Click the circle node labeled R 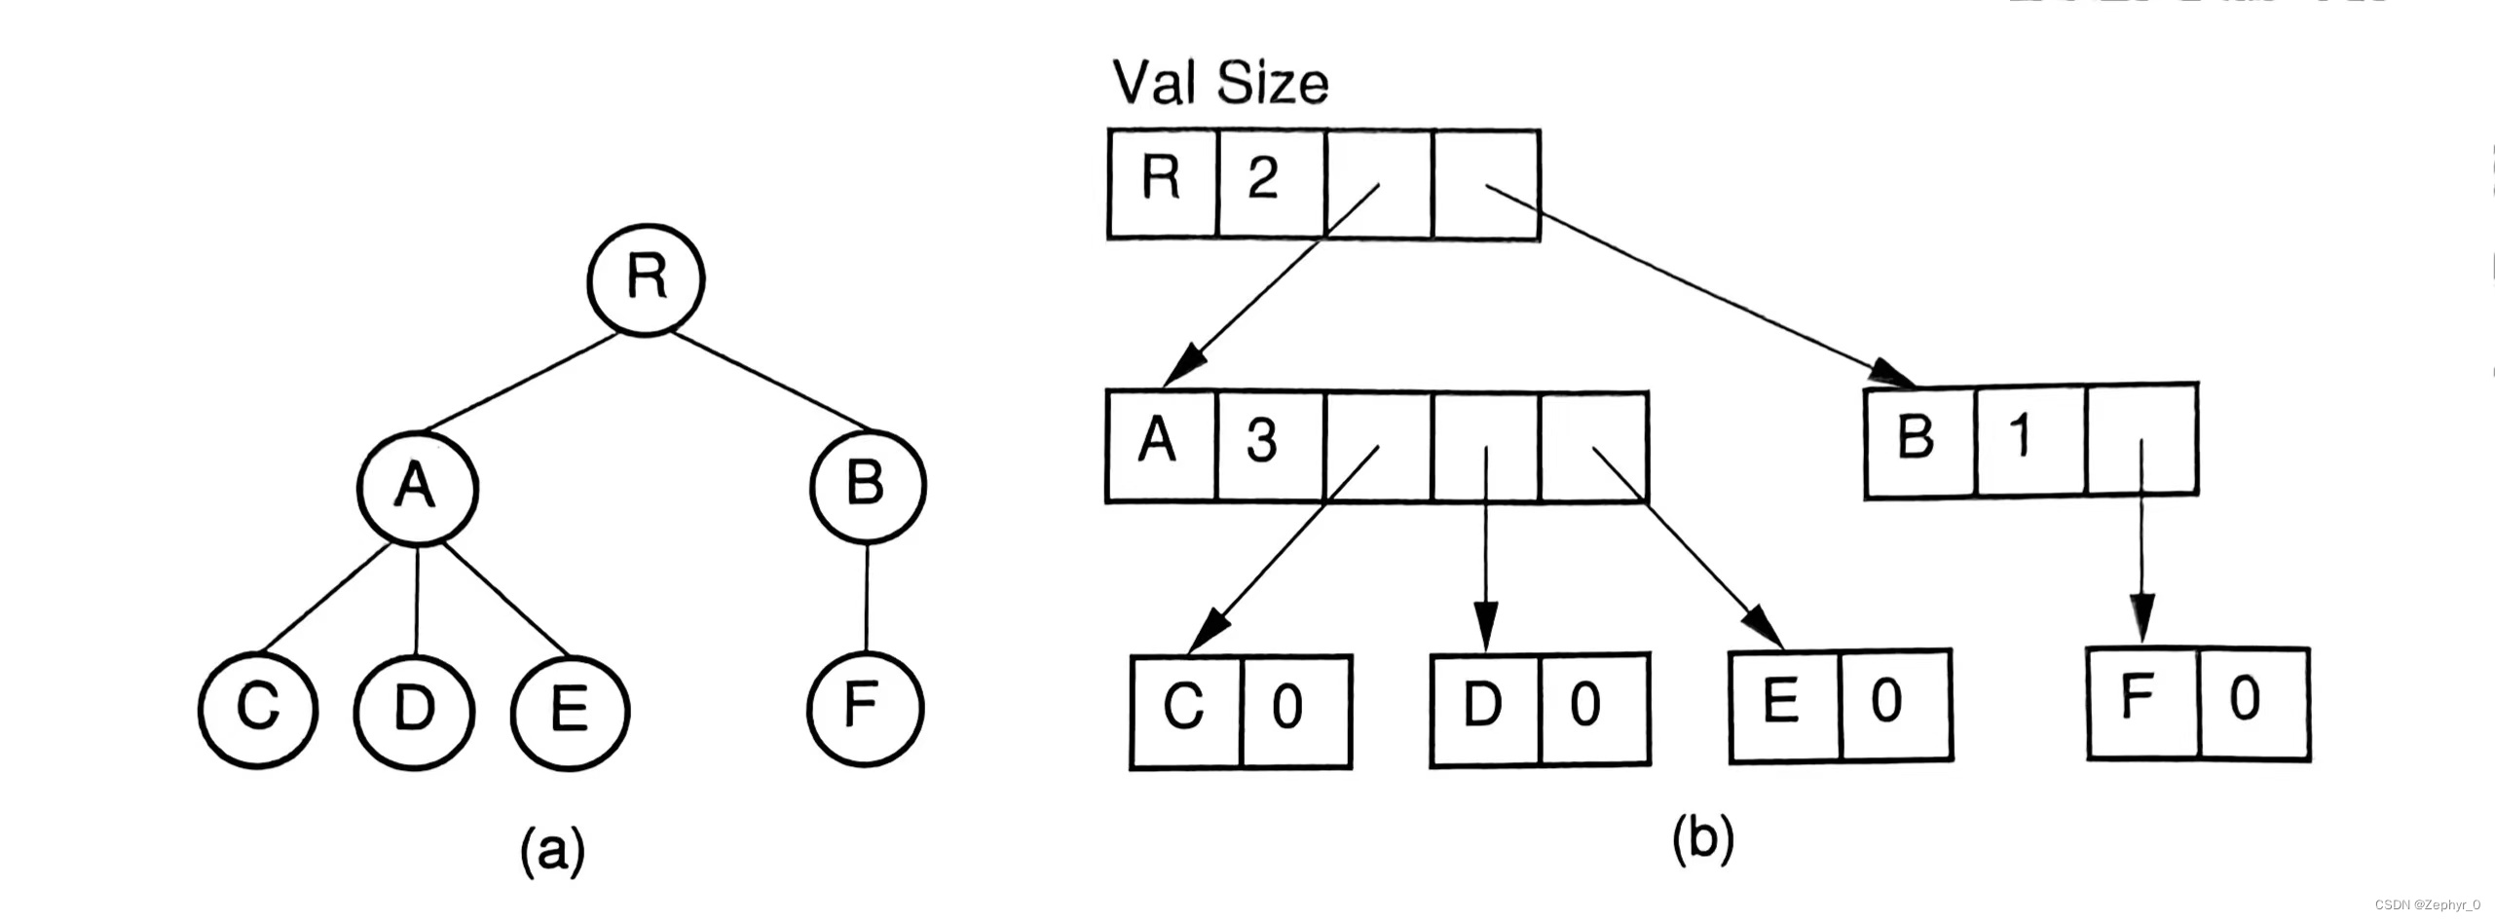(x=645, y=279)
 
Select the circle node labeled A (x=418, y=487)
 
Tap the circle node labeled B (x=867, y=485)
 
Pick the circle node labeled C (x=258, y=710)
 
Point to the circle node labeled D (x=415, y=710)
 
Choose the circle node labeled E (x=571, y=710)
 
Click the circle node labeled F (x=864, y=707)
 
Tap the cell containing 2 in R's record (x=1270, y=183)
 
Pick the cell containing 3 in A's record (x=1269, y=446)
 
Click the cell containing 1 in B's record (x=2030, y=440)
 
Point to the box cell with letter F (x=2142, y=703)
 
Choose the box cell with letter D (x=1485, y=709)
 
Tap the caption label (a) (x=553, y=851)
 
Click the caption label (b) (x=1702, y=839)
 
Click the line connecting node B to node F (x=866, y=599)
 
